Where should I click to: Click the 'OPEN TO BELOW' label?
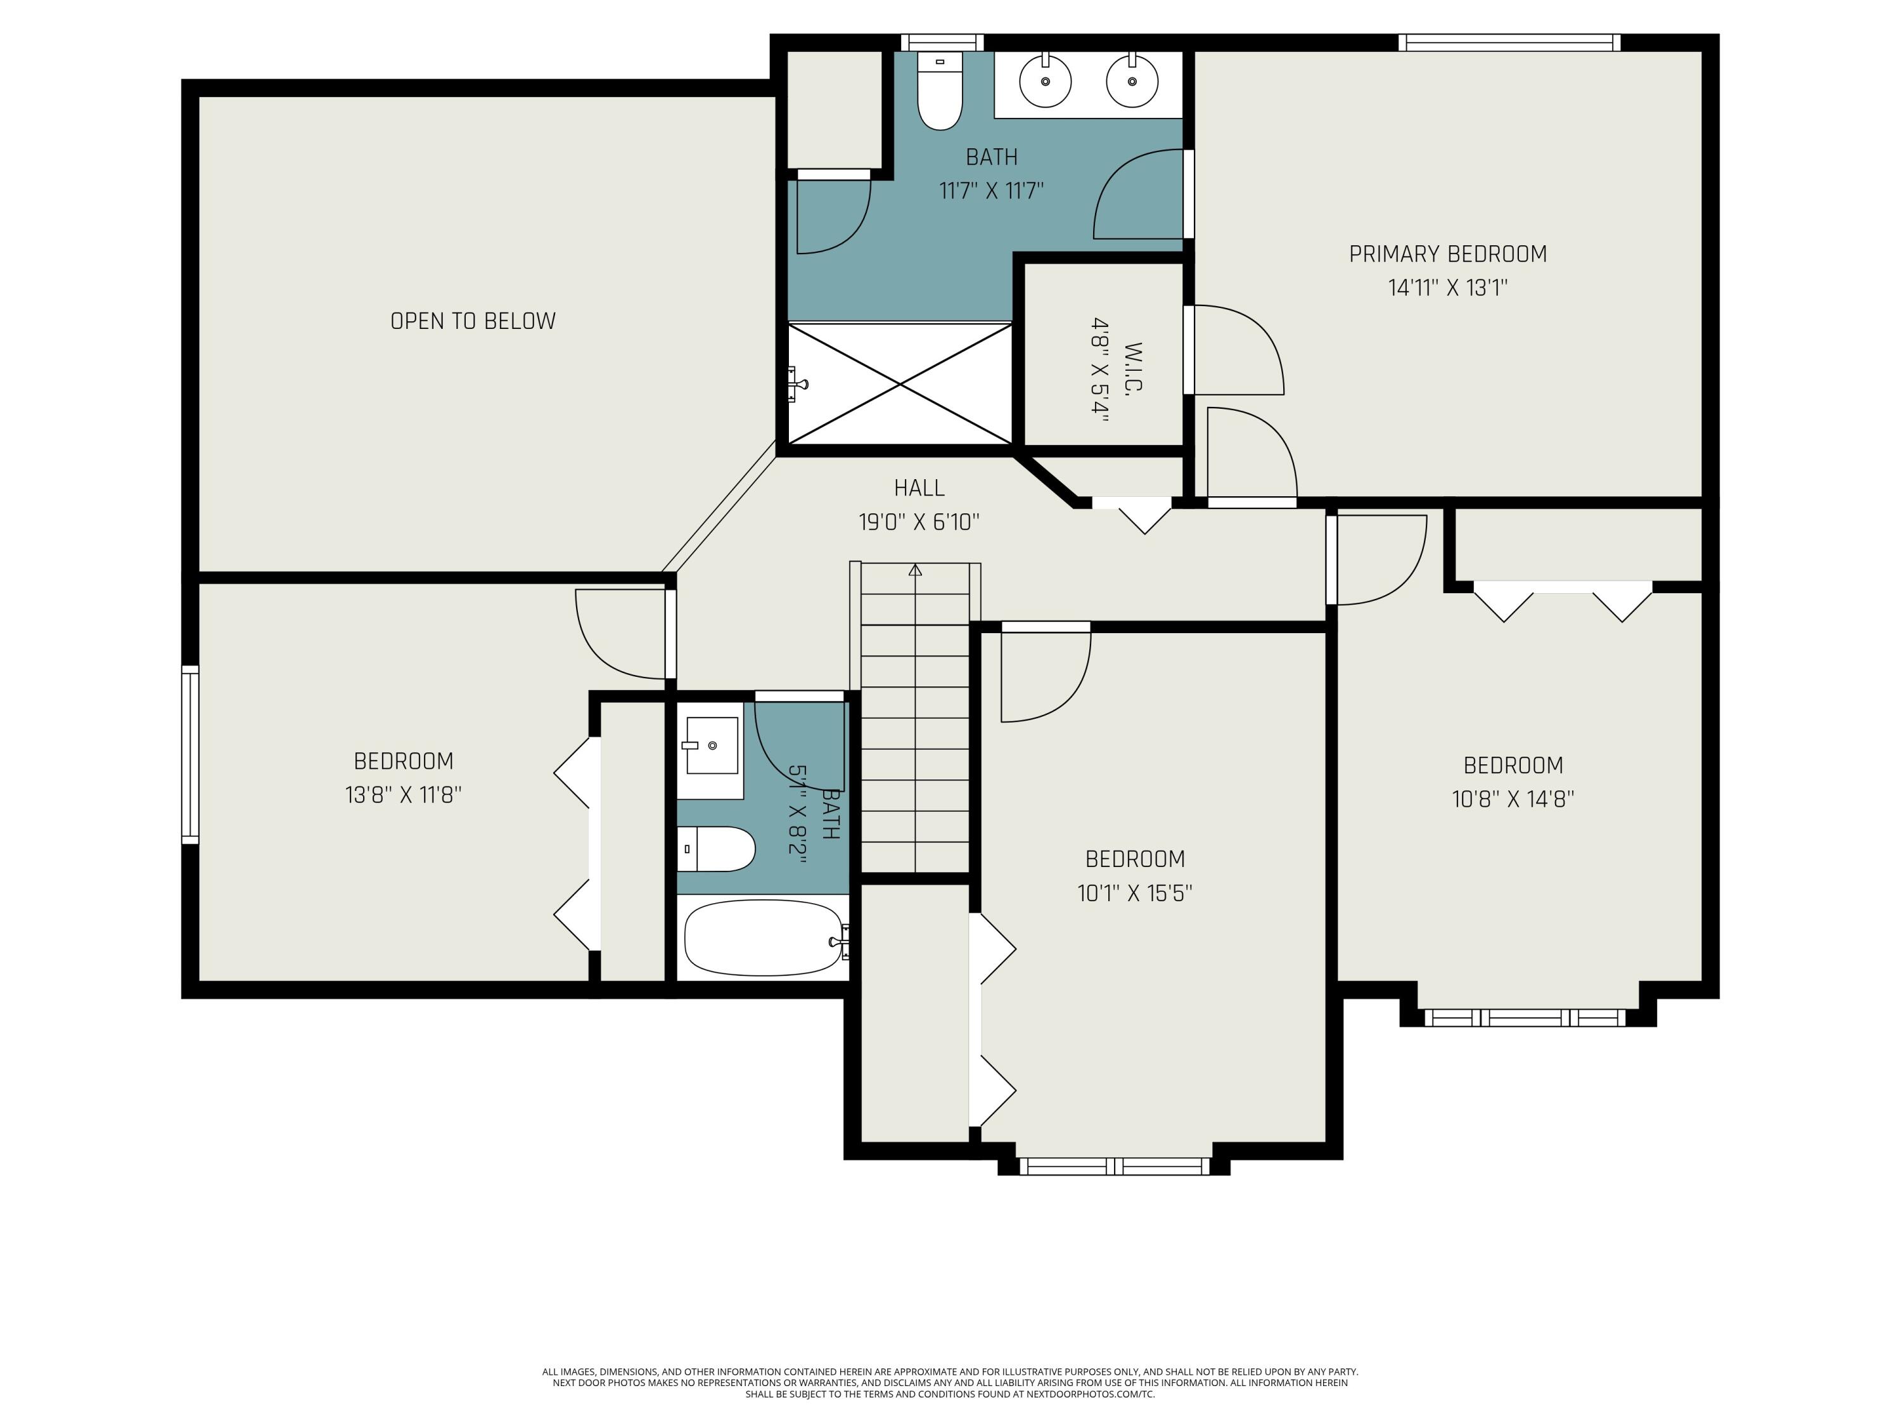[x=473, y=321]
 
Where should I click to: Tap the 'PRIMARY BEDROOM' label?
[x=1447, y=254]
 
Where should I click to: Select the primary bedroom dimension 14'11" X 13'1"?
[x=1447, y=287]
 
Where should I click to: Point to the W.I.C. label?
[x=1134, y=369]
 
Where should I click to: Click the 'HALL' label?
[x=919, y=488]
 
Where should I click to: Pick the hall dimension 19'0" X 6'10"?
[x=919, y=522]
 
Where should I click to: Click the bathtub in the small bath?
[x=764, y=938]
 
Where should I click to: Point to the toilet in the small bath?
[x=717, y=849]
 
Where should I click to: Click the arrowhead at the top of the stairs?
[x=915, y=569]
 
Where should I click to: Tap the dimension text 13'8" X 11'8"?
[x=403, y=794]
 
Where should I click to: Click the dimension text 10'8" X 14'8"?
[x=1513, y=799]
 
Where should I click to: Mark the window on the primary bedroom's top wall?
[x=1509, y=42]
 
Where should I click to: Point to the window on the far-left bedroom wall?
[x=190, y=755]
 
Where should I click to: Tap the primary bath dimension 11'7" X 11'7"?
[x=991, y=190]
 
